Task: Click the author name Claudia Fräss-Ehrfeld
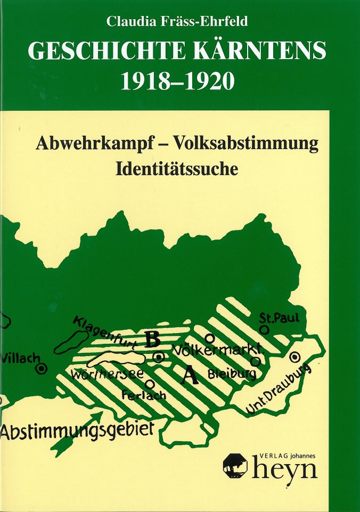click(178, 22)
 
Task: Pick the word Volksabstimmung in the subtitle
click(246, 144)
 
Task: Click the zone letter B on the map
click(153, 338)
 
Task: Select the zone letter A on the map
click(190, 376)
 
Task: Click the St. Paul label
click(279, 318)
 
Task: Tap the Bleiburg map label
click(231, 374)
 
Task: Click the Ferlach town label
click(144, 395)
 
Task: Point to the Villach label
click(21, 358)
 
